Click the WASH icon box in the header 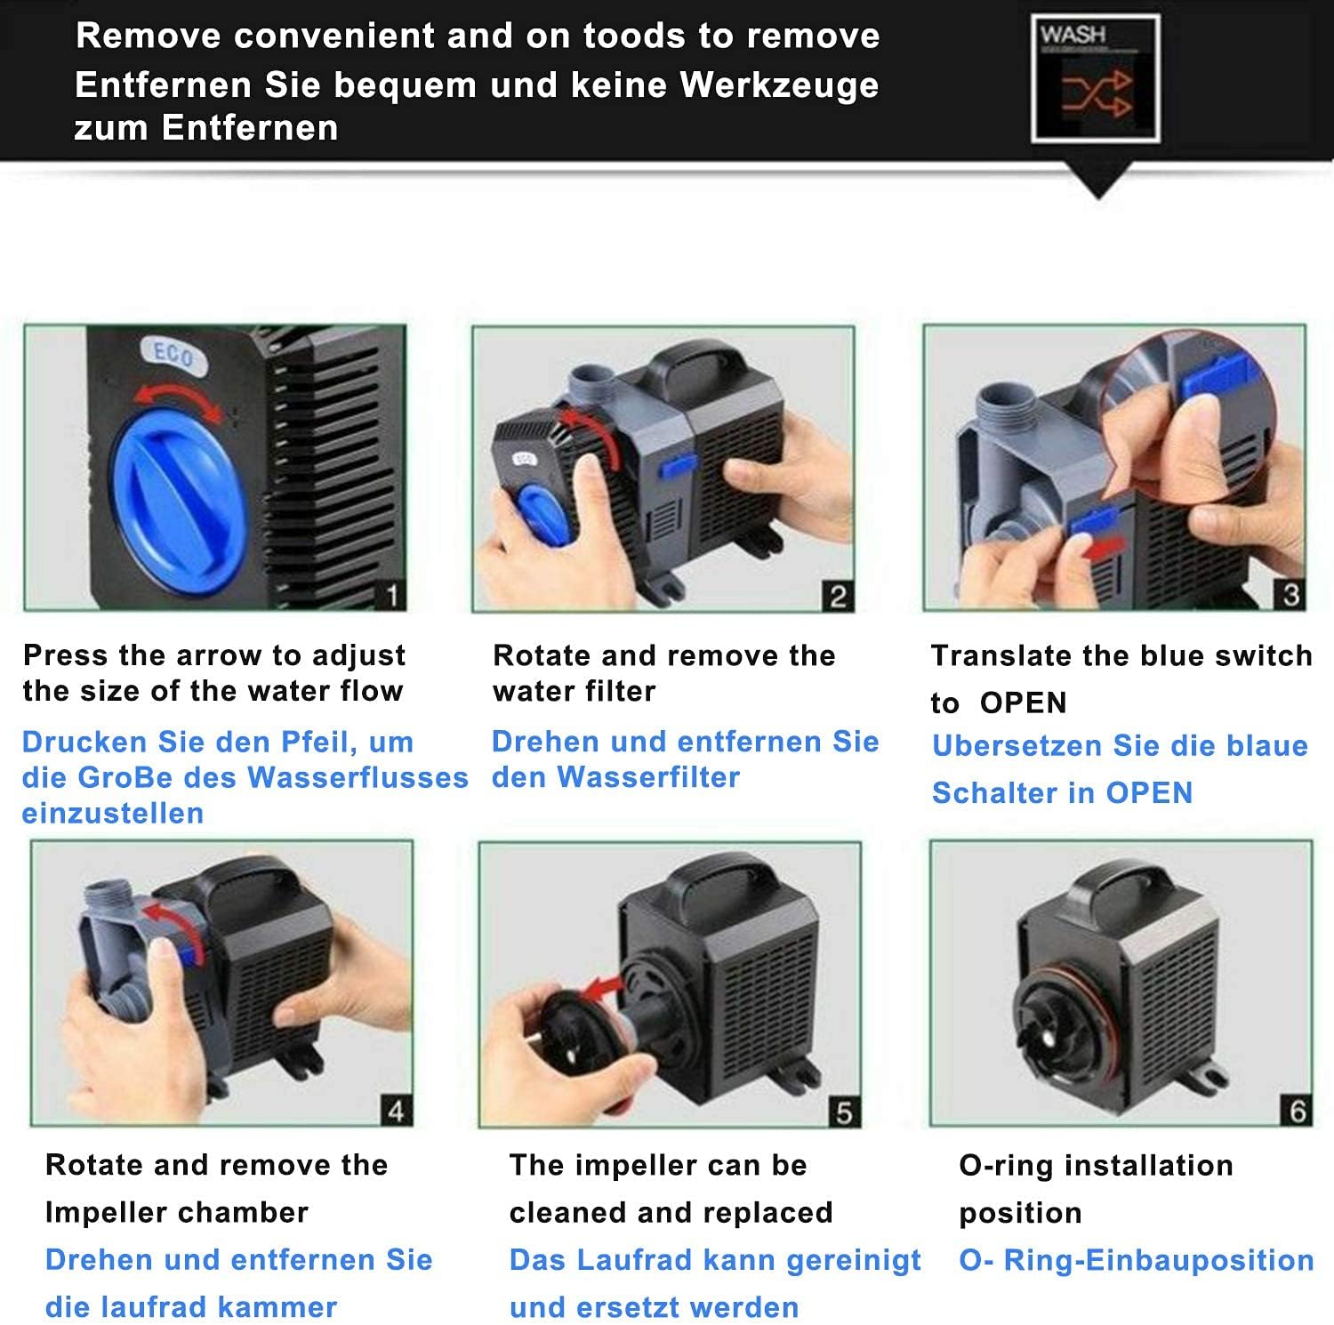(1096, 77)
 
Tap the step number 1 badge (391, 596)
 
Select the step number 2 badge (838, 597)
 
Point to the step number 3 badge (1291, 595)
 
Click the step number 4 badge (397, 1111)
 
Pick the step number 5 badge (844, 1112)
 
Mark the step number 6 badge (1298, 1111)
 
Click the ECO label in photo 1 (173, 355)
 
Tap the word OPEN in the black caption (1023, 703)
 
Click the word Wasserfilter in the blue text (647, 777)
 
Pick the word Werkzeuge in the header (779, 85)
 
